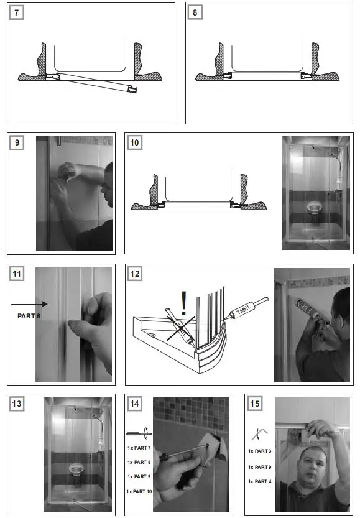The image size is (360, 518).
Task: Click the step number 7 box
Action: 17,13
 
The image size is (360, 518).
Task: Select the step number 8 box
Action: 195,13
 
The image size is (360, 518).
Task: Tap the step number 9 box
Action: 17,143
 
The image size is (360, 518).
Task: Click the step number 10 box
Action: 135,143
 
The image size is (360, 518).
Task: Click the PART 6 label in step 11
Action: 28,316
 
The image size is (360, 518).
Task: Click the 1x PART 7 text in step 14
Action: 139,448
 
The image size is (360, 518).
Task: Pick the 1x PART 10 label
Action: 139,491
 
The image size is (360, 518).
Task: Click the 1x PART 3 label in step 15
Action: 259,451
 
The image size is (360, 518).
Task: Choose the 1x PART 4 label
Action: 259,482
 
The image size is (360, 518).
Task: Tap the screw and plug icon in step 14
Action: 139,433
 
